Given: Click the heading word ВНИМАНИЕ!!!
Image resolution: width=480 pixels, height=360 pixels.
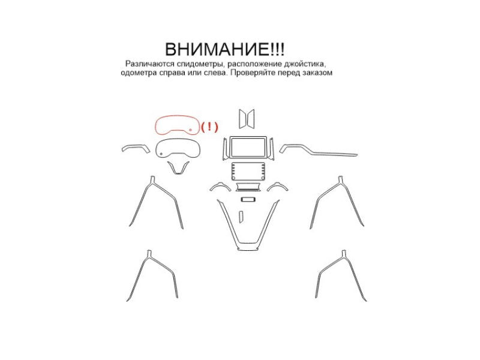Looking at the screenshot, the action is coord(224,49).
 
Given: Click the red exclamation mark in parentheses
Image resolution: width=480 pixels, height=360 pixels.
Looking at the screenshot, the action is coord(209,127).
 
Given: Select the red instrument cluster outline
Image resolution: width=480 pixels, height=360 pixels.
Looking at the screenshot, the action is coord(177,116).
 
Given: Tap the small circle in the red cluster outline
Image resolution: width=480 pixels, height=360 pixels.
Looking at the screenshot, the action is coord(190,130).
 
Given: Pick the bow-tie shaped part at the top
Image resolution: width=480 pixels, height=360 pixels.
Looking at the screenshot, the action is coord(247,119).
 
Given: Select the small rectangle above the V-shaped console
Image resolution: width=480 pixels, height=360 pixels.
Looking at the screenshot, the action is coord(248,200).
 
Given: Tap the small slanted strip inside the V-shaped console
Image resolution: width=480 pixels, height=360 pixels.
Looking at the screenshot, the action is coord(241,215).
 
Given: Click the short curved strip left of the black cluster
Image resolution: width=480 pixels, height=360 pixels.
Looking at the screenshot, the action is coord(136,146).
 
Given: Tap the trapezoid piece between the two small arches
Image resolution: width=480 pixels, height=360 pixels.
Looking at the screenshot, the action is coord(248,187).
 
